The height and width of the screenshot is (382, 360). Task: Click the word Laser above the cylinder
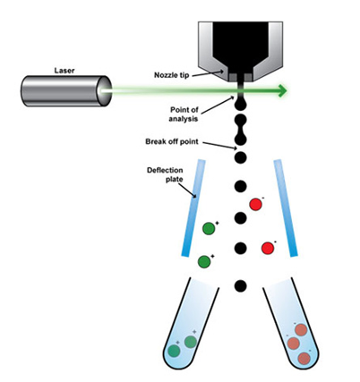click(64, 71)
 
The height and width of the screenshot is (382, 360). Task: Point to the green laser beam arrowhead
click(282, 90)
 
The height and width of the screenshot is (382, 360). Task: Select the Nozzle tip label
click(171, 75)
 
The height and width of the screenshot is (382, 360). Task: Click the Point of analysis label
click(184, 114)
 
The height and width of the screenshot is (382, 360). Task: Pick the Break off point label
click(172, 141)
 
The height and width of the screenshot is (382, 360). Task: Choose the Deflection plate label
click(166, 174)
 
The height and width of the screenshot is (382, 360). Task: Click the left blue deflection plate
click(193, 208)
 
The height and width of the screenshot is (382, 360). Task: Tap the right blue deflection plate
click(286, 208)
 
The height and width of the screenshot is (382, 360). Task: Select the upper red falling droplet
click(256, 205)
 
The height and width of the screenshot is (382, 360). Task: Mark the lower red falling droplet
click(268, 248)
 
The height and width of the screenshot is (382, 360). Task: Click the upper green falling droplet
click(209, 229)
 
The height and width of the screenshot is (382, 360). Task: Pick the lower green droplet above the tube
click(204, 261)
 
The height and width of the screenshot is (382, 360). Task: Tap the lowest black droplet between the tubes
click(240, 286)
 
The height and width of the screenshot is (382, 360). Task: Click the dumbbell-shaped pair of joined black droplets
click(240, 129)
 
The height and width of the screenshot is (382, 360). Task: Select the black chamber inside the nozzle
click(240, 47)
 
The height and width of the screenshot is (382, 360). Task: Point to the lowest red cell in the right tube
click(304, 358)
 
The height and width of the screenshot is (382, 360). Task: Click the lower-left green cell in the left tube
click(174, 351)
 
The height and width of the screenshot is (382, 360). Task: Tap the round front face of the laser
click(104, 90)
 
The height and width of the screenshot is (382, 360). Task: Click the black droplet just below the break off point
click(240, 157)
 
